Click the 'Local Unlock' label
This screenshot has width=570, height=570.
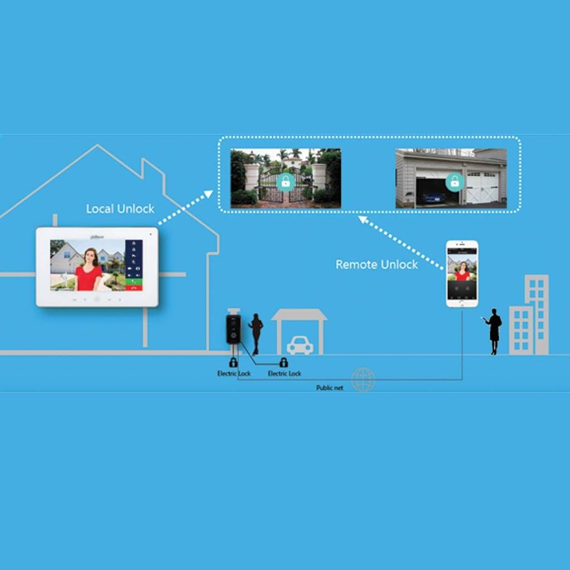pos(120,209)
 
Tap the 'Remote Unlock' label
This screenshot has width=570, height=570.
pos(376,264)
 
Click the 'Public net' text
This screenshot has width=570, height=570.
pos(330,387)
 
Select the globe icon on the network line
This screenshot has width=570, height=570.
pos(363,380)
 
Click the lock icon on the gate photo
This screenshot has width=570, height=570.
pos(286,181)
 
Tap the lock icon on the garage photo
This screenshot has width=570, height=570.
pos(455,181)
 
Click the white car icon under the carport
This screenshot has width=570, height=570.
pos(299,345)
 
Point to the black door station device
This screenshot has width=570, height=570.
pos(233,329)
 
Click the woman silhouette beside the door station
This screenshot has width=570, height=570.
pos(256,333)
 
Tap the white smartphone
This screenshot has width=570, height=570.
pos(462,273)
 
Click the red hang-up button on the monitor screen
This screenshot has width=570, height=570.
pos(134,287)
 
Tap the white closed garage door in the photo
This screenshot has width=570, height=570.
pos(481,187)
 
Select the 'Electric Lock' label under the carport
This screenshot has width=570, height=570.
pos(284,374)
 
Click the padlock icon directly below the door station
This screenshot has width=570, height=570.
pos(233,363)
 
